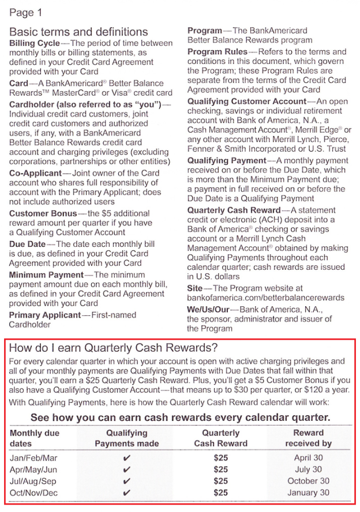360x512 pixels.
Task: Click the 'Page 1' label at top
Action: pyautogui.click(x=26, y=13)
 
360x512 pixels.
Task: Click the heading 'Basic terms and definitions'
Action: pyautogui.click(x=78, y=32)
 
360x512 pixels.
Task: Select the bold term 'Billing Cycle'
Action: pyautogui.click(x=34, y=43)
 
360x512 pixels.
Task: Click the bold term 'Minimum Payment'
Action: pyautogui.click(x=46, y=275)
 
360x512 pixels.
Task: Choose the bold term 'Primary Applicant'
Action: pyautogui.click(x=44, y=315)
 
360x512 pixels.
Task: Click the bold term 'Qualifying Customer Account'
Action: pyautogui.click(x=246, y=101)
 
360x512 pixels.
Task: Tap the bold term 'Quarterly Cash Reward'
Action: pyautogui.click(x=234, y=210)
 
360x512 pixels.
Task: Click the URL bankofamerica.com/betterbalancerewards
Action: pyautogui.click(x=265, y=298)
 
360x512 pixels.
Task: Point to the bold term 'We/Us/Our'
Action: pyautogui.click(x=208, y=310)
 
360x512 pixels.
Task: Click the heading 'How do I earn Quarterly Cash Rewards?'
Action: pyautogui.click(x=114, y=348)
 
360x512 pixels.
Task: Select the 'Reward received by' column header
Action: pyautogui.click(x=308, y=438)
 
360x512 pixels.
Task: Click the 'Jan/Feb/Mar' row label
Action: pyautogui.click(x=34, y=457)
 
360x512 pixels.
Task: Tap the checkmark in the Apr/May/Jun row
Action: pyautogui.click(x=127, y=469)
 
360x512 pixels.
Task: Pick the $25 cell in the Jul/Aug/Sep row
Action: pyautogui.click(x=220, y=481)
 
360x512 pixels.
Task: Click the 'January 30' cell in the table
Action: pyautogui.click(x=308, y=493)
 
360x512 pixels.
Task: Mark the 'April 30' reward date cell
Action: pyautogui.click(x=308, y=457)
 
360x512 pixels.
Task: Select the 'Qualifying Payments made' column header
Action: pyautogui.click(x=127, y=438)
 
